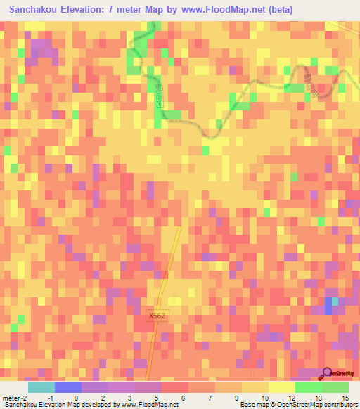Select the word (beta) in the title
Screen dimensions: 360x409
point(278,11)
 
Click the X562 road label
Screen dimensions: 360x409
point(157,317)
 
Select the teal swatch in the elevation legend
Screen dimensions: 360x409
point(41,387)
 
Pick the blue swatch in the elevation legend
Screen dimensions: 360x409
point(67,387)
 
